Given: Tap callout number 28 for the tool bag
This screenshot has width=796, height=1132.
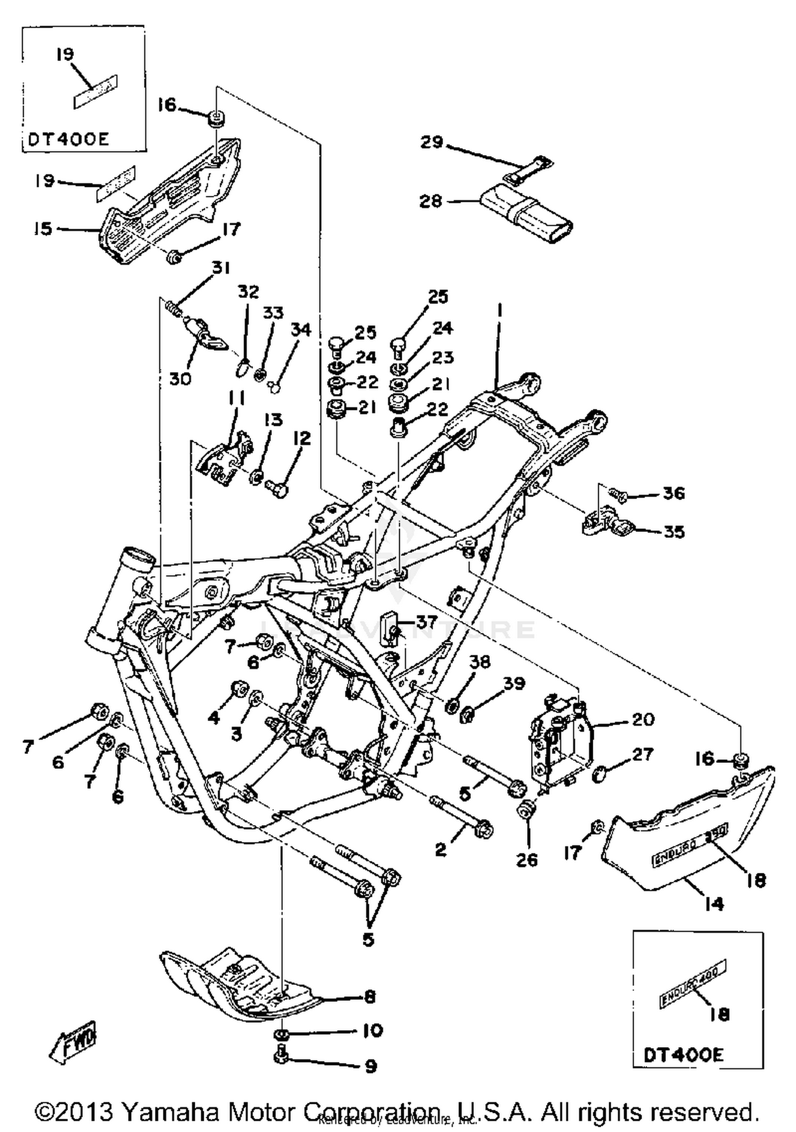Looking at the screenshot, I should coord(430,201).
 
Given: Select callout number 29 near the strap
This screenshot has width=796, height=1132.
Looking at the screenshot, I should coord(431,142).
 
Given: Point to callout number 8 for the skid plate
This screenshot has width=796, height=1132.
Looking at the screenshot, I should coord(370,997).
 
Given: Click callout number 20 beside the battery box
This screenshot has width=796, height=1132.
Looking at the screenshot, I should coord(643,719).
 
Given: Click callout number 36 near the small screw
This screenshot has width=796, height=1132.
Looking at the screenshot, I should coord(674,493).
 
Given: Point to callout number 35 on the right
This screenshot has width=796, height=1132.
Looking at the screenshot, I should coord(674,531).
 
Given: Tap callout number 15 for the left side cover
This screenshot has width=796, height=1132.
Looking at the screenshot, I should coord(44,229).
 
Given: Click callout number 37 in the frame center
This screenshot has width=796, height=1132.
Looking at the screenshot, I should coord(426,621).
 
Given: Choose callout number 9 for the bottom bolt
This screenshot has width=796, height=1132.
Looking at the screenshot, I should coord(371,1066).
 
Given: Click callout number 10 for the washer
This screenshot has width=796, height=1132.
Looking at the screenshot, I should coord(373,1030).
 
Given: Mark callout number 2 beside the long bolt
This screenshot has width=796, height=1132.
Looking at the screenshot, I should coord(440,850).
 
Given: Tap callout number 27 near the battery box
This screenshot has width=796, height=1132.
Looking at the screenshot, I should coord(642,754).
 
